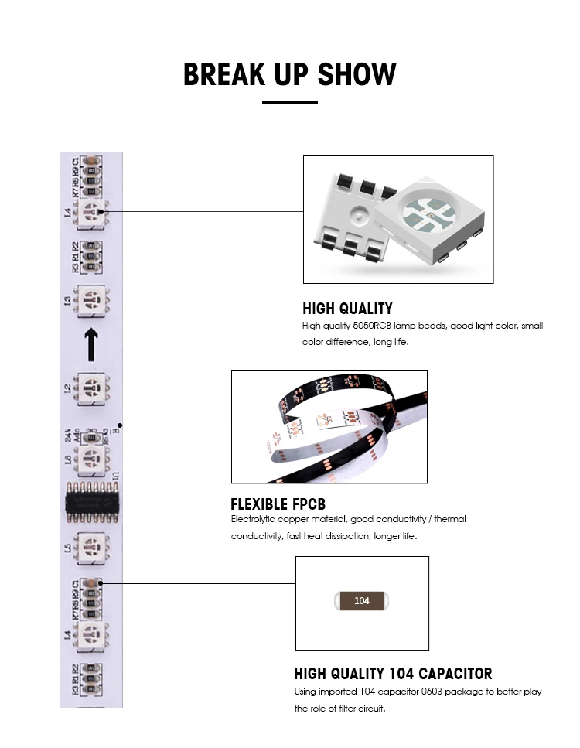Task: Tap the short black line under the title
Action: point(290,102)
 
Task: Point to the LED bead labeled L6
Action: point(91,459)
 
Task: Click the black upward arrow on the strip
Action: point(90,344)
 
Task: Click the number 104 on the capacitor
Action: point(362,601)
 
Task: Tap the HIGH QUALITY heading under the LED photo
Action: point(347,309)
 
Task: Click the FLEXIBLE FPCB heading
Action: point(278,505)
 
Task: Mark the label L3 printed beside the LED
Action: point(68,299)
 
